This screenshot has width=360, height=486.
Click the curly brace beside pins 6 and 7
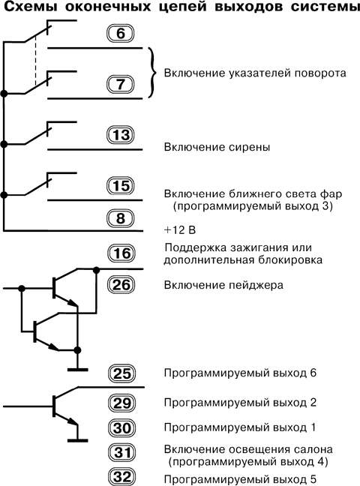click(x=153, y=73)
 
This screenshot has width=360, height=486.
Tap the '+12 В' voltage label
click(x=179, y=228)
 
